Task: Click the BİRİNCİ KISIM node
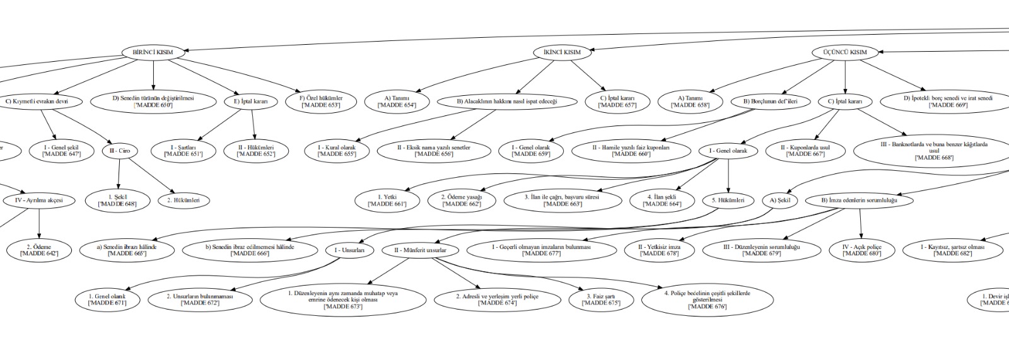click(153, 52)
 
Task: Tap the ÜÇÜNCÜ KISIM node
click(844, 52)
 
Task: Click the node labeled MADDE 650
click(153, 101)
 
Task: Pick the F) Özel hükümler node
click(321, 101)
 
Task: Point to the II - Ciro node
click(120, 151)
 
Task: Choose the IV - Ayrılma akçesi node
click(39, 201)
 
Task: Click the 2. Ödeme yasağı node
click(461, 200)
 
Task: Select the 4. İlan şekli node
click(662, 200)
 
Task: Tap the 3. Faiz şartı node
click(600, 299)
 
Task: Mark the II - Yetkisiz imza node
click(660, 250)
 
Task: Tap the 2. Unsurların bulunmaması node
click(200, 299)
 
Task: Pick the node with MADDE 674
click(498, 299)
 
